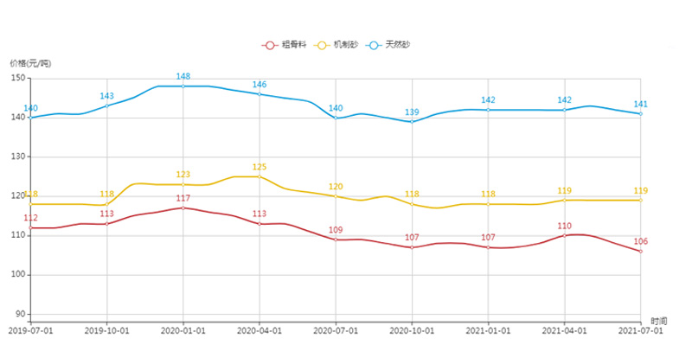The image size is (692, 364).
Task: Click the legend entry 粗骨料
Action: [285, 45]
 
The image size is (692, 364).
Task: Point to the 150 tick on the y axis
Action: [17, 78]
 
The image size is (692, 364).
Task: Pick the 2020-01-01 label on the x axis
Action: [183, 330]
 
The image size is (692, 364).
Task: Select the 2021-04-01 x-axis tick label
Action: [565, 330]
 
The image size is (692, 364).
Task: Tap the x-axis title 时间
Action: [659, 321]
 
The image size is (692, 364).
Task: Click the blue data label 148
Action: [183, 76]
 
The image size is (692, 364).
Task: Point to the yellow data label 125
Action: [259, 167]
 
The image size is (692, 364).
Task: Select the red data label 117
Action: [183, 199]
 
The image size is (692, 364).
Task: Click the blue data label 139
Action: [413, 112]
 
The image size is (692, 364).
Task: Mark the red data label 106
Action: [641, 241]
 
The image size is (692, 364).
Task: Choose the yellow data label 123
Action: [183, 175]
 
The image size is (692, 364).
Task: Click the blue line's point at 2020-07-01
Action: [336, 118]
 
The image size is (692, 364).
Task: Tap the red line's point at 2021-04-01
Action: [565, 235]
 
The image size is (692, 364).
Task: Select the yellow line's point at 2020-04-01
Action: [259, 176]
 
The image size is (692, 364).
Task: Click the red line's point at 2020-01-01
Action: [183, 208]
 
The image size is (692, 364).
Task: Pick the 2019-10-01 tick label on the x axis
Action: [107, 330]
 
